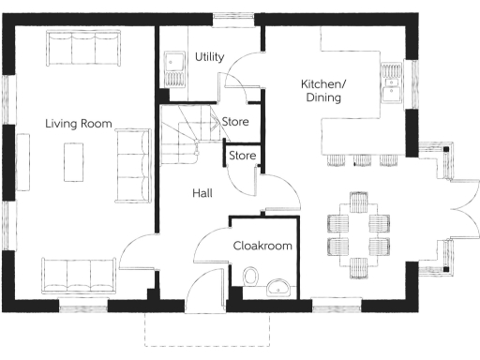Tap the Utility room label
click(209, 57)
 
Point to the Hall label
click(202, 193)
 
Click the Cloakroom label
click(262, 246)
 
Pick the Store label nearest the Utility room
click(234, 122)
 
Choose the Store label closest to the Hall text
click(243, 155)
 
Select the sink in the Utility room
click(173, 67)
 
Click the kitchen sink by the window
click(393, 87)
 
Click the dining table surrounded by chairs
click(358, 234)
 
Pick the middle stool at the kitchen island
click(361, 160)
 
